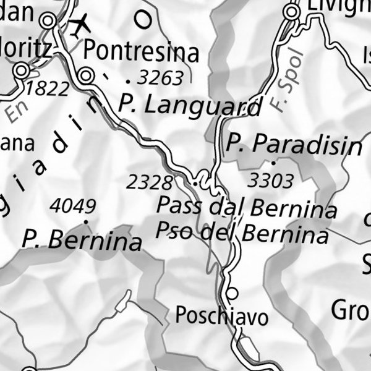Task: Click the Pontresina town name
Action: pos(141,51)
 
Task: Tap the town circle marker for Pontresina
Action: pos(87,75)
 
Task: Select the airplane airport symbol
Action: pos(79,26)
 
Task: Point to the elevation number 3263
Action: pos(161,78)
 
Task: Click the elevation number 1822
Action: pos(48,89)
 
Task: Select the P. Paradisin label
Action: pos(294,145)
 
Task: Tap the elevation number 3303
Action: pos(270,181)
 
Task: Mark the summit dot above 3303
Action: pos(273,163)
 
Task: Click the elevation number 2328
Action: pos(149,182)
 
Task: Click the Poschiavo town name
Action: pos(222,316)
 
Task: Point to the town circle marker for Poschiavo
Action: pos(232,292)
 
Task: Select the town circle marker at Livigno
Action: pos(292,11)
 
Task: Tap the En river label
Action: pos(19,111)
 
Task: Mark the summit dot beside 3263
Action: pos(128,80)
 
